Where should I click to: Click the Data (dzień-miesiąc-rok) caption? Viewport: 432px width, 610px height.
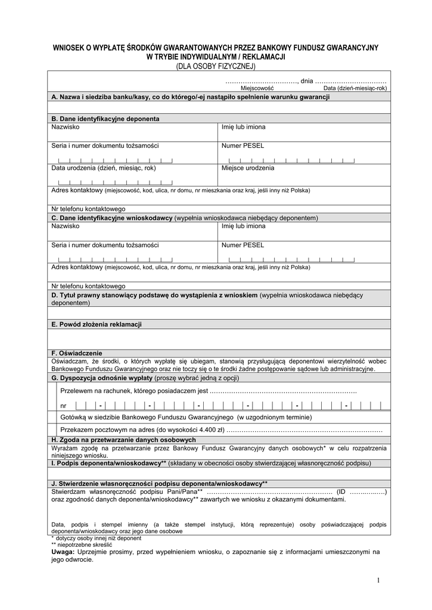click(x=355, y=88)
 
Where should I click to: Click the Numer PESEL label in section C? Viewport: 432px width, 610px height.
click(x=242, y=245)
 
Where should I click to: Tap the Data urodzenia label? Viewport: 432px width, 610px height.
click(x=104, y=168)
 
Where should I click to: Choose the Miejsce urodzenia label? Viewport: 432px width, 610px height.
click(x=247, y=168)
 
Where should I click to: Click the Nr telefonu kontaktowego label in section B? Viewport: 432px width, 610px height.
click(x=88, y=209)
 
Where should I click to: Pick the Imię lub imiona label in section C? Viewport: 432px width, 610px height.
click(x=243, y=226)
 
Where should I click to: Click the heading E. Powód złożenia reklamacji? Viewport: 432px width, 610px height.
click(x=97, y=324)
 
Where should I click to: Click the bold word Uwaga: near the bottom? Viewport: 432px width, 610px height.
click(x=63, y=552)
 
